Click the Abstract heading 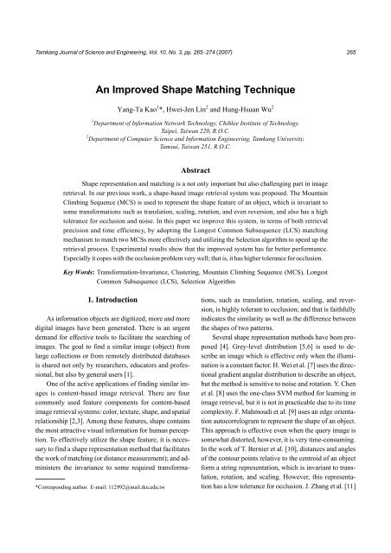click(x=195, y=173)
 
